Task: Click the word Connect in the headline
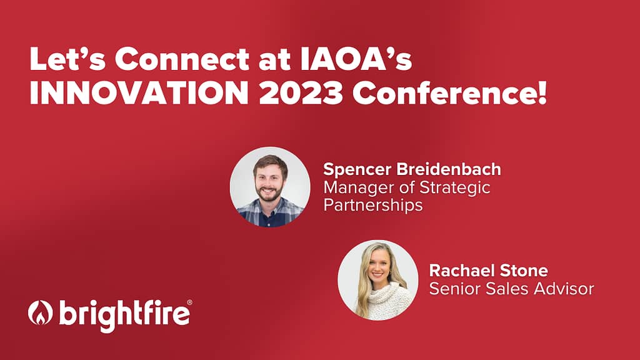182,59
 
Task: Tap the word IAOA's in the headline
356,59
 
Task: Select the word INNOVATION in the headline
139,94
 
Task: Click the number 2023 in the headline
301,94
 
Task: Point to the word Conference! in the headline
449,94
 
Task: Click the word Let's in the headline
67,59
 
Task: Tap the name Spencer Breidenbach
412,169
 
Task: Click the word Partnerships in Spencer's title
373,205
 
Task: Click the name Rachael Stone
489,270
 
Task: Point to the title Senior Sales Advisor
511,289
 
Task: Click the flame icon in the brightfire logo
41,313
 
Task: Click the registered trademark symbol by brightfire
189,302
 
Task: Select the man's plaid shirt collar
270,208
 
